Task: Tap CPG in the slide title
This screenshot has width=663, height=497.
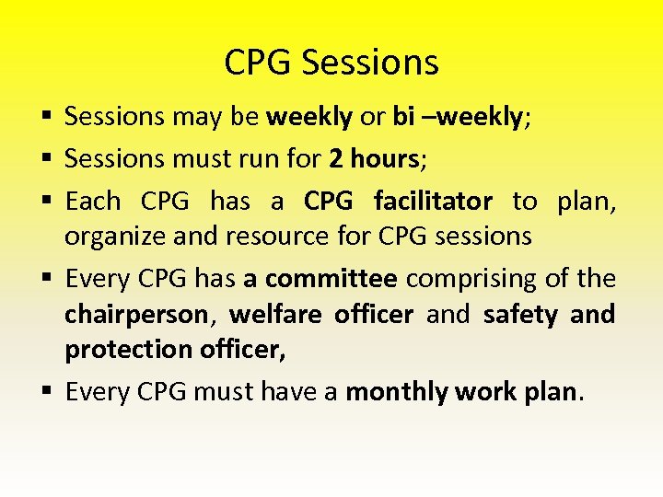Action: (x=259, y=63)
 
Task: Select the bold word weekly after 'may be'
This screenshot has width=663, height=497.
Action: (x=308, y=117)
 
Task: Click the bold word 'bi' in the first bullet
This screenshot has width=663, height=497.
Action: (x=403, y=117)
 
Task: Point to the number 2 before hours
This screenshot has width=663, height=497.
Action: (x=335, y=159)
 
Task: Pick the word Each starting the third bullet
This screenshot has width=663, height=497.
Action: (x=93, y=201)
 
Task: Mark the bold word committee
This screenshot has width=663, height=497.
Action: (x=331, y=278)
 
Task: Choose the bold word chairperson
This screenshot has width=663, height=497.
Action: (x=136, y=315)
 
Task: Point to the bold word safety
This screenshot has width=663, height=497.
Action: (x=520, y=315)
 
